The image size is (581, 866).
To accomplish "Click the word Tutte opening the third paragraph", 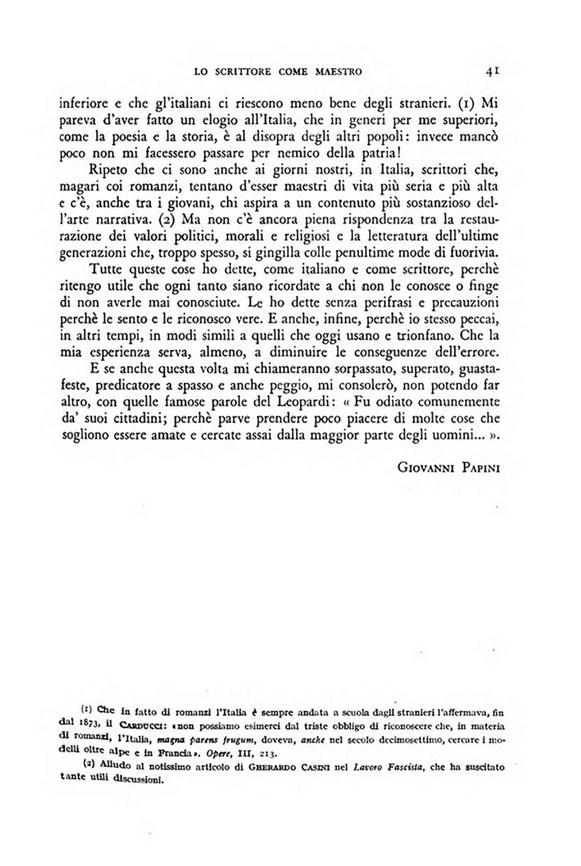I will pyautogui.click(x=106, y=270).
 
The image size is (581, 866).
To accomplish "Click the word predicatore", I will pyautogui.click(x=128, y=386).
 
